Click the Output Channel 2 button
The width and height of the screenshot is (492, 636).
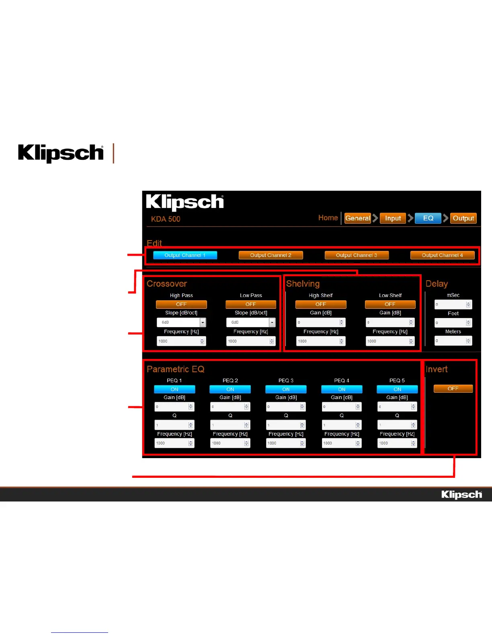point(271,255)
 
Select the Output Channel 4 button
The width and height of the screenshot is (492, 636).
point(442,255)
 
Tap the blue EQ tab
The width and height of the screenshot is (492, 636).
point(428,218)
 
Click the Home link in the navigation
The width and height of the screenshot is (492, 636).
point(328,218)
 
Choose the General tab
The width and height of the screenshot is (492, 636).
point(357,218)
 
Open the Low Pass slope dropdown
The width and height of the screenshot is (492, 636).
point(272,322)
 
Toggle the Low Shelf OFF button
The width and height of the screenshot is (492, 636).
point(390,304)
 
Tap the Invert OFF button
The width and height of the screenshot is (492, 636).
point(453,389)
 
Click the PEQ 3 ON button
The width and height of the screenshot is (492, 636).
point(286,389)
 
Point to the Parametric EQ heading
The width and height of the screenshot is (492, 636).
point(175,369)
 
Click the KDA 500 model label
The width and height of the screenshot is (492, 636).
point(166,219)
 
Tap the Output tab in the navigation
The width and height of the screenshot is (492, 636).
point(463,218)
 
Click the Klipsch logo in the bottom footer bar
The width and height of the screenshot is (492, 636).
point(461,495)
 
